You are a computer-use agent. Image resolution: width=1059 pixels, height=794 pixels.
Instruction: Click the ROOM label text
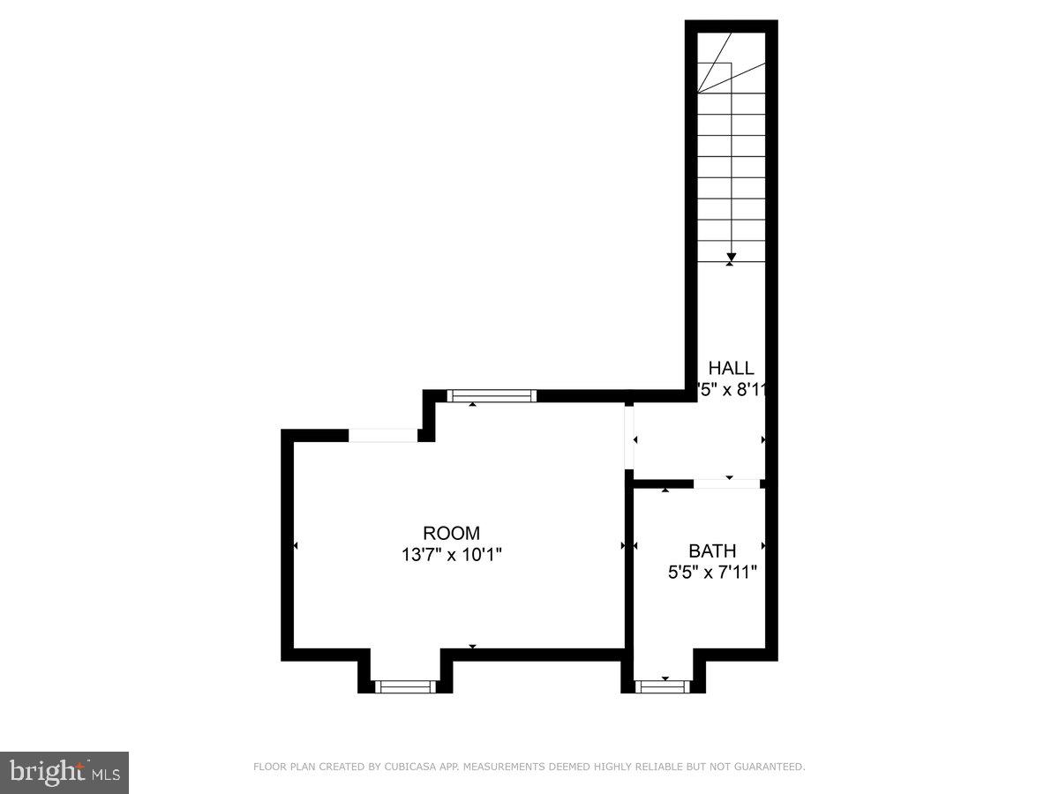pyautogui.click(x=451, y=533)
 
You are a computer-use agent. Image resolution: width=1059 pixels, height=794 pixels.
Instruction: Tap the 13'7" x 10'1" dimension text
pyautogui.click(x=451, y=555)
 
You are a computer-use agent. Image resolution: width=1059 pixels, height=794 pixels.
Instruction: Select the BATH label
pyautogui.click(x=712, y=551)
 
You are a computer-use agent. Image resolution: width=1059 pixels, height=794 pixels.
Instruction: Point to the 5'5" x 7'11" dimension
pyautogui.click(x=712, y=572)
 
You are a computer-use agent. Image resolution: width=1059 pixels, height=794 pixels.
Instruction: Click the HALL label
pyautogui.click(x=732, y=369)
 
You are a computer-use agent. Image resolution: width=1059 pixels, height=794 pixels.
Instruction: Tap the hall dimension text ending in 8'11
pyautogui.click(x=730, y=389)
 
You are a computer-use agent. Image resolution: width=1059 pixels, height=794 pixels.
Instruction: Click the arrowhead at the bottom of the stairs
pyautogui.click(x=731, y=258)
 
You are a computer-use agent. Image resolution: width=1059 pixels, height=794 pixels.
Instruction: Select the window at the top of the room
pyautogui.click(x=492, y=396)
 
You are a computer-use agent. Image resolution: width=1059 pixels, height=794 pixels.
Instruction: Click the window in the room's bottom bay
pyautogui.click(x=405, y=686)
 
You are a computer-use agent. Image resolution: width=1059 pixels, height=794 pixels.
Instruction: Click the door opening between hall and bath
pyautogui.click(x=727, y=483)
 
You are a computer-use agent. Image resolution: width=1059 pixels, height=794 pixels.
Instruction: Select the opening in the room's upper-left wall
pyautogui.click(x=384, y=435)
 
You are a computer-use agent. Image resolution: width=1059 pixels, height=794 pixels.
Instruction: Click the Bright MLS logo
pyautogui.click(x=64, y=773)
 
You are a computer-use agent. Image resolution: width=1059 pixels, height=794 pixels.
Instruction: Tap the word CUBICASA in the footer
pyautogui.click(x=408, y=768)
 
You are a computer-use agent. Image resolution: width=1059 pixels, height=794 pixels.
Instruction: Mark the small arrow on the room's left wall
pyautogui.click(x=295, y=546)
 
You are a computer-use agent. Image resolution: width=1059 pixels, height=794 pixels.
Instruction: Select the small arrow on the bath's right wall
pyautogui.click(x=763, y=546)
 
